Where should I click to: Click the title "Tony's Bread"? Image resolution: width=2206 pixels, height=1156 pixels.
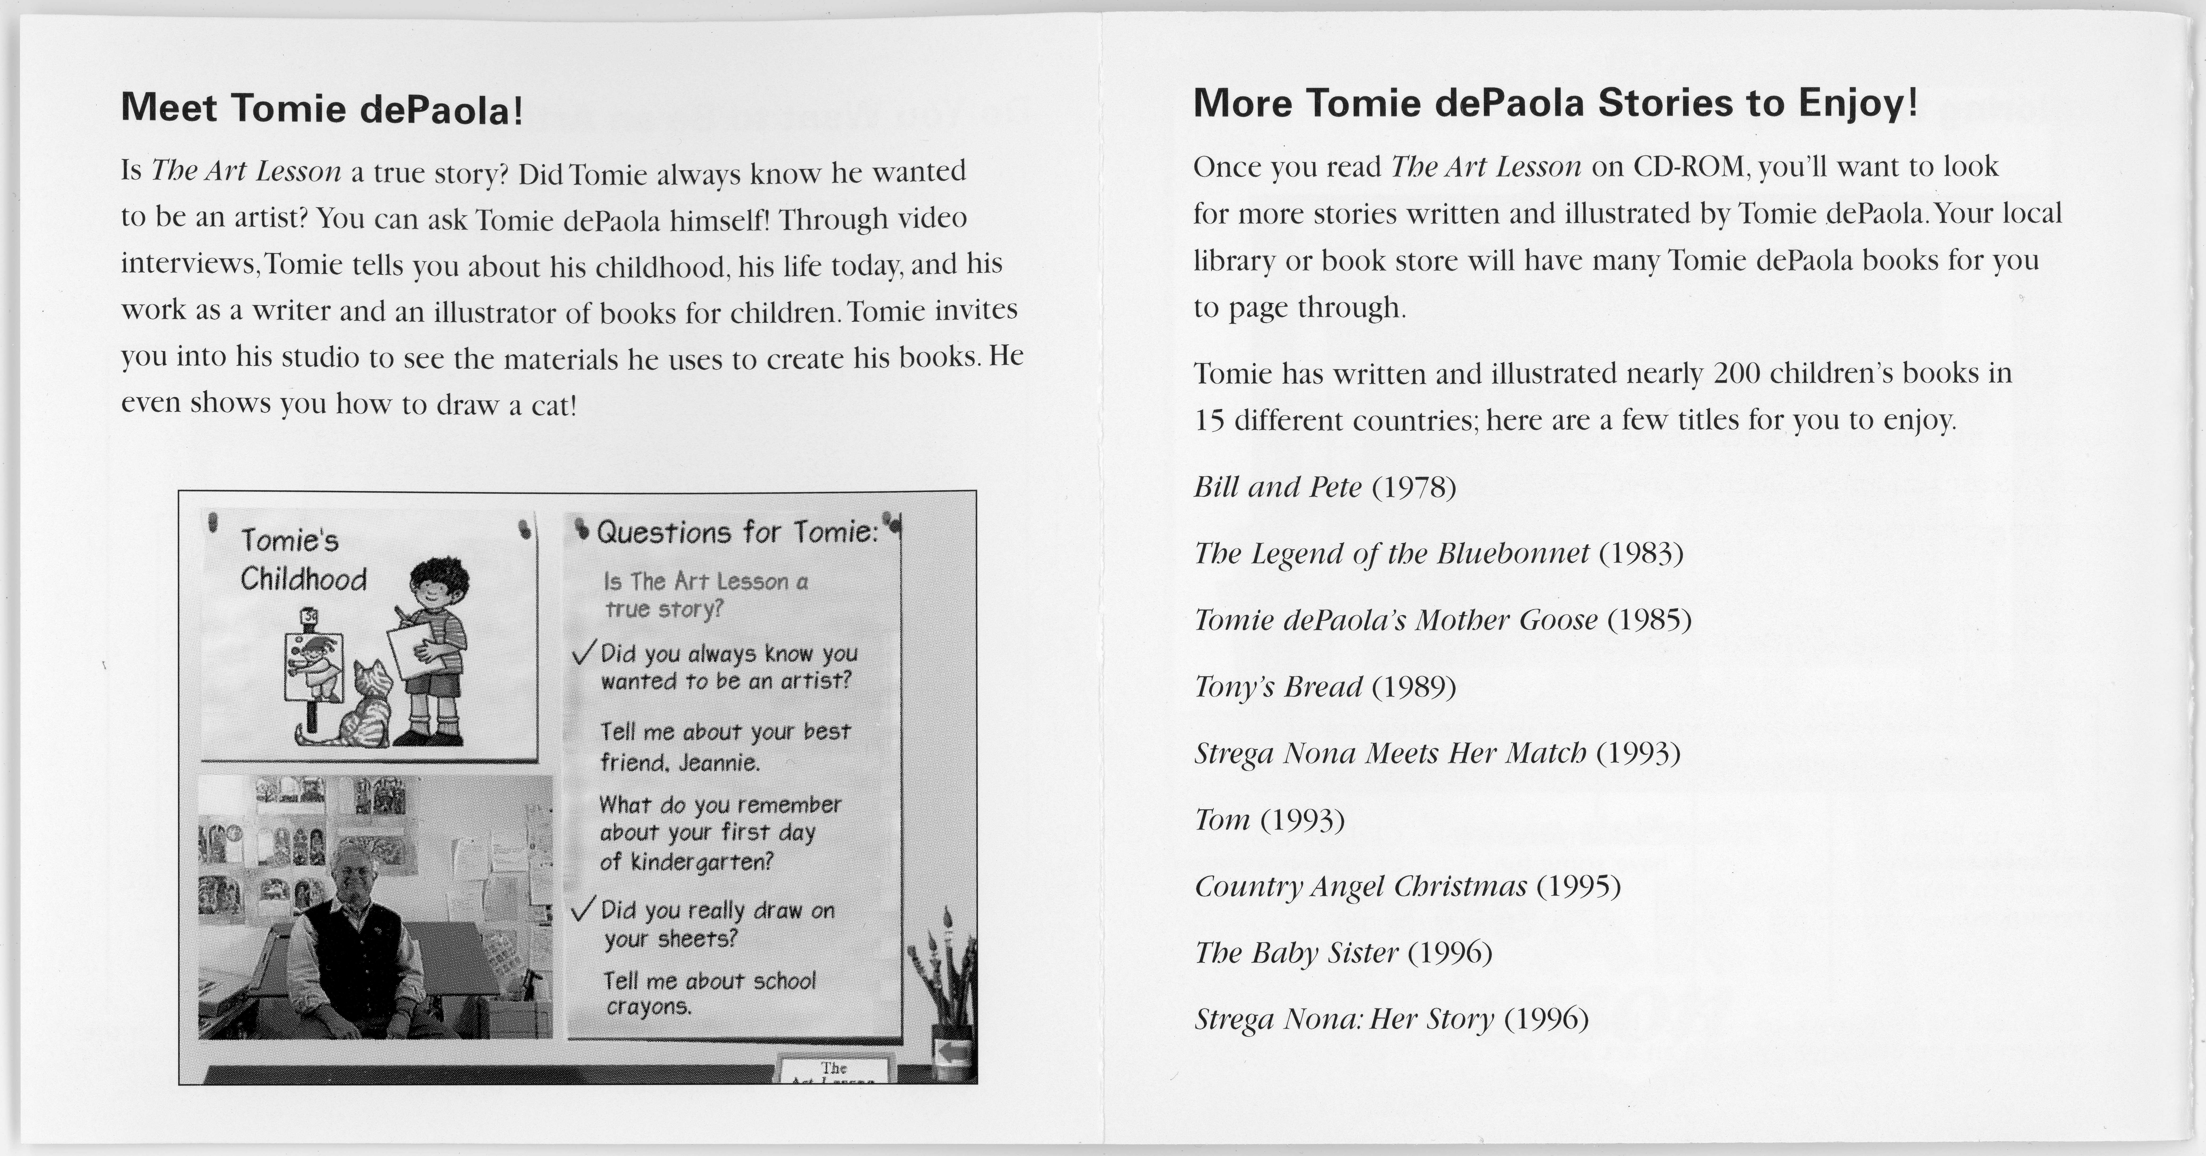[x=1278, y=687]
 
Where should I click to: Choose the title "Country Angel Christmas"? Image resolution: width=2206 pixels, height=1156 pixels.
[x=1360, y=886]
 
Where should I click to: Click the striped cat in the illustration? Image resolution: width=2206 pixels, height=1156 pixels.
[x=364, y=706]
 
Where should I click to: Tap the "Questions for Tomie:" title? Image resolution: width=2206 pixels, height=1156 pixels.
[x=736, y=533]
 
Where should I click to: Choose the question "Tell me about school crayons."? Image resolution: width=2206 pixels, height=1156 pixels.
[x=709, y=993]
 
